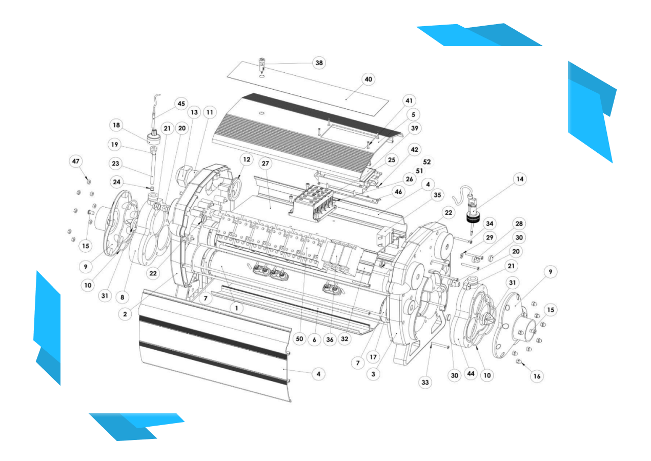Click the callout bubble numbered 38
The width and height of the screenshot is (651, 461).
tap(319, 63)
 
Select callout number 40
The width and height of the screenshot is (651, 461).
tap(368, 79)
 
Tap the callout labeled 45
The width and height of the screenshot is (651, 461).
tap(181, 104)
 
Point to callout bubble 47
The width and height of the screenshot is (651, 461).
tap(75, 162)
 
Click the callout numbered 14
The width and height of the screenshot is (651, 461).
tap(520, 179)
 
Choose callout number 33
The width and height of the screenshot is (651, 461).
tap(425, 382)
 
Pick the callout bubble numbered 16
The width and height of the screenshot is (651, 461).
tap(537, 376)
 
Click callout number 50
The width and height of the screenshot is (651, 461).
tap(299, 338)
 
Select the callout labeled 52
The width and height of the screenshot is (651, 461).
tap(427, 162)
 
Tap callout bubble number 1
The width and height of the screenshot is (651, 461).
tap(236, 308)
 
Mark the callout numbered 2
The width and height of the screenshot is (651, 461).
tap(125, 314)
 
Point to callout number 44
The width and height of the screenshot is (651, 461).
tap(471, 374)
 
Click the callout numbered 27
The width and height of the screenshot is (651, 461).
tap(266, 164)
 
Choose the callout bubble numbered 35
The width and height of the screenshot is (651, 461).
tap(437, 195)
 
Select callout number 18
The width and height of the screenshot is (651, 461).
tap(116, 125)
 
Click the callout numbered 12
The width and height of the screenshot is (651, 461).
tap(247, 159)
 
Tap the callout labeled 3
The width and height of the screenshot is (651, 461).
tap(373, 374)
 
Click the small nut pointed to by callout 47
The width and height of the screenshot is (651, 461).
tap(89, 182)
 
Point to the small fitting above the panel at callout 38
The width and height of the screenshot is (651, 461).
tap(262, 64)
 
